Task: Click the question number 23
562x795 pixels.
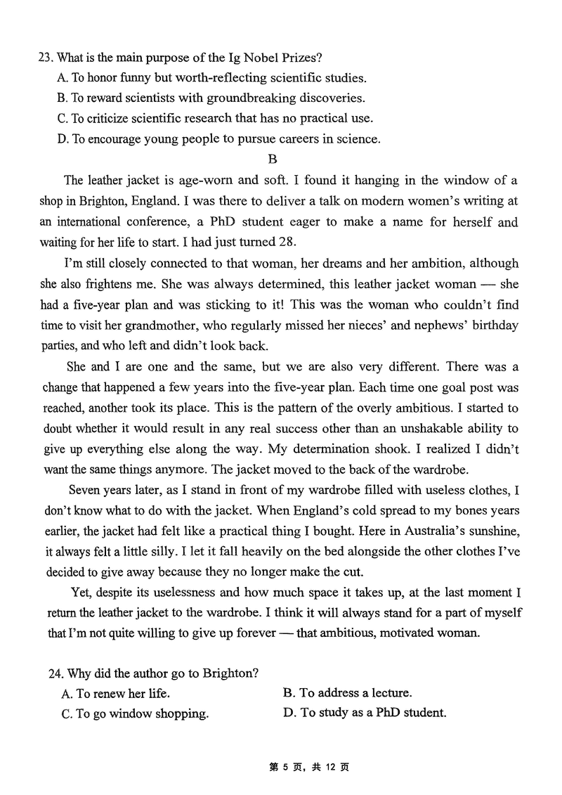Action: (46, 57)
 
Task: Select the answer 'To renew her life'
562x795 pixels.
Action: (116, 693)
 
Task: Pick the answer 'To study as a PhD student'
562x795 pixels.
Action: (365, 713)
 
